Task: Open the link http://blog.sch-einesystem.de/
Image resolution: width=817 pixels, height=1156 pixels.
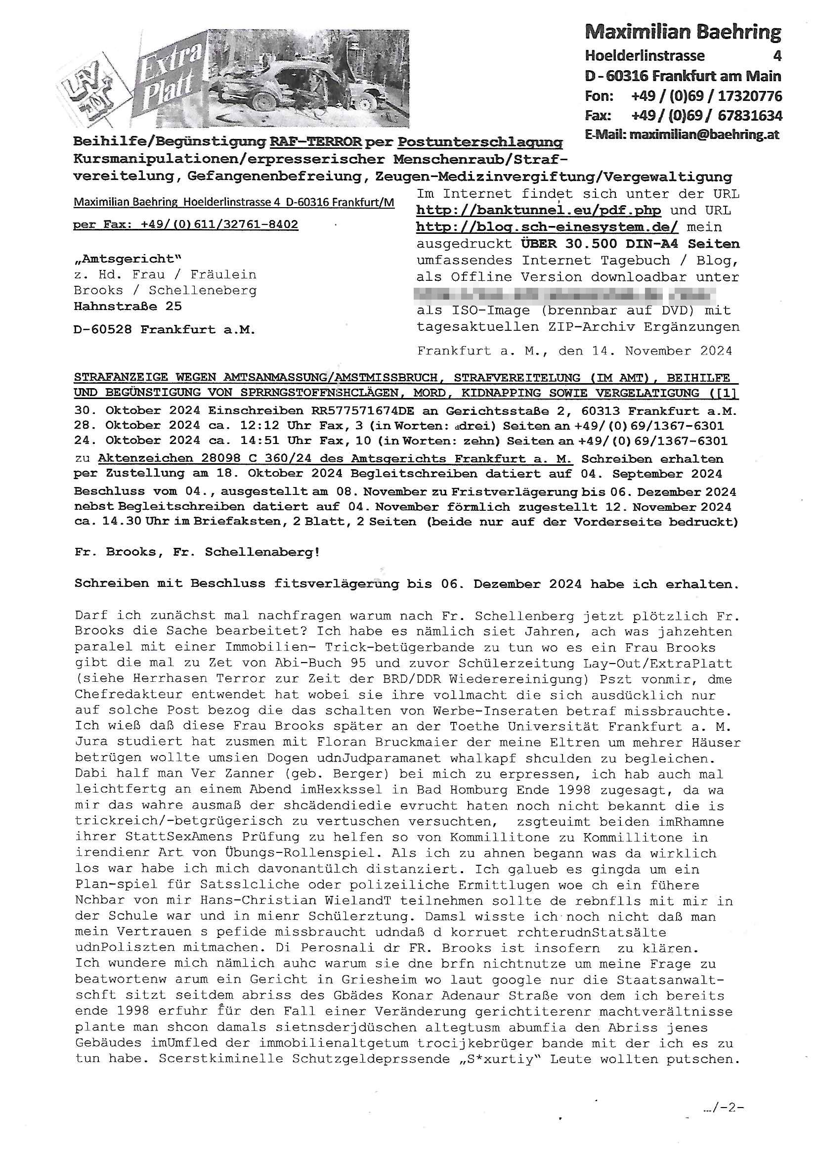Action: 547,227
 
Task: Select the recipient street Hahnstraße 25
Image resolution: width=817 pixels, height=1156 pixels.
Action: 128,306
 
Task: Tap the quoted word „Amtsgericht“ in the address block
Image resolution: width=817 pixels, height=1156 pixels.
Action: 128,259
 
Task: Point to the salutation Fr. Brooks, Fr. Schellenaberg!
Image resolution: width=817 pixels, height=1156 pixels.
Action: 197,552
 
